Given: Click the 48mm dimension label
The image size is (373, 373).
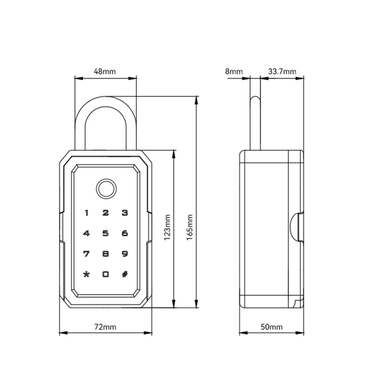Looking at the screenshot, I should [104, 71].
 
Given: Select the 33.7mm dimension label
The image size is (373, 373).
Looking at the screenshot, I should [282, 71].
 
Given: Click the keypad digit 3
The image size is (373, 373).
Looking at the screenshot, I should [125, 213].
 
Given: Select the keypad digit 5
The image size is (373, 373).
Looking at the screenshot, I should [106, 234].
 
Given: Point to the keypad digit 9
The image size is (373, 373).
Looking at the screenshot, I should [125, 254].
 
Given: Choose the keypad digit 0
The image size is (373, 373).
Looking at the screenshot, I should [106, 274].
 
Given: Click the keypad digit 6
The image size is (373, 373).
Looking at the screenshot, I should [125, 234].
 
